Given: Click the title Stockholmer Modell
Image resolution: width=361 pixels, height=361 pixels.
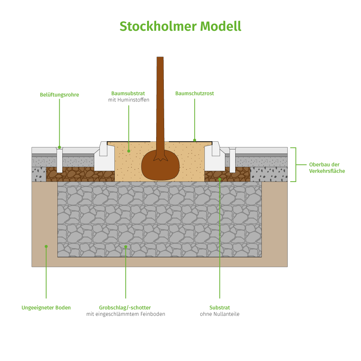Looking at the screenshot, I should (180, 26).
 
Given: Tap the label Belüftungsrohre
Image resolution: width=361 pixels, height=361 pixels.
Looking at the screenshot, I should (60, 95).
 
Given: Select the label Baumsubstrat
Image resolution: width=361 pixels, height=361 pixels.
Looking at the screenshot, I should (128, 93).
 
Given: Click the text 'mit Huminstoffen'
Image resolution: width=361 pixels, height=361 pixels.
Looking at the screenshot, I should (128, 100).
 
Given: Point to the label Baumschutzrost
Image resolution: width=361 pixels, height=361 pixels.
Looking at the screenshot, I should (195, 93).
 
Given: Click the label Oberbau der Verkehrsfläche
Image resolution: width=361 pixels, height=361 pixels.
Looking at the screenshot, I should (327, 168).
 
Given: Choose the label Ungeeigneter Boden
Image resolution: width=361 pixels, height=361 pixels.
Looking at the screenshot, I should (46, 307).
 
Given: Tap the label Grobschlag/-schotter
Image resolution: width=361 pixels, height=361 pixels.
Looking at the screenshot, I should (125, 307).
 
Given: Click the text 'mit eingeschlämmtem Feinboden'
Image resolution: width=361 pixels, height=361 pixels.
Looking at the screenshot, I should (125, 314).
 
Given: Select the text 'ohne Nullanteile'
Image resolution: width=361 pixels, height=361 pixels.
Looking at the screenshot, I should (220, 314).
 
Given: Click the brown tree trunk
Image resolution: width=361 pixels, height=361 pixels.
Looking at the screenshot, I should (160, 103).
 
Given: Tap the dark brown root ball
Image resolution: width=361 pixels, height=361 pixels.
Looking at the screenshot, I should (160, 166).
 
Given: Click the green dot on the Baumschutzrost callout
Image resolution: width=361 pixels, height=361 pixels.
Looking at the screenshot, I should (195, 140).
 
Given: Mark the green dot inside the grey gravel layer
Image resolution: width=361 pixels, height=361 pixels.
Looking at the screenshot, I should (126, 247).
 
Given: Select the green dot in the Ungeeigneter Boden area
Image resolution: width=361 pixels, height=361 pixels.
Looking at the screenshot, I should (46, 246).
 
